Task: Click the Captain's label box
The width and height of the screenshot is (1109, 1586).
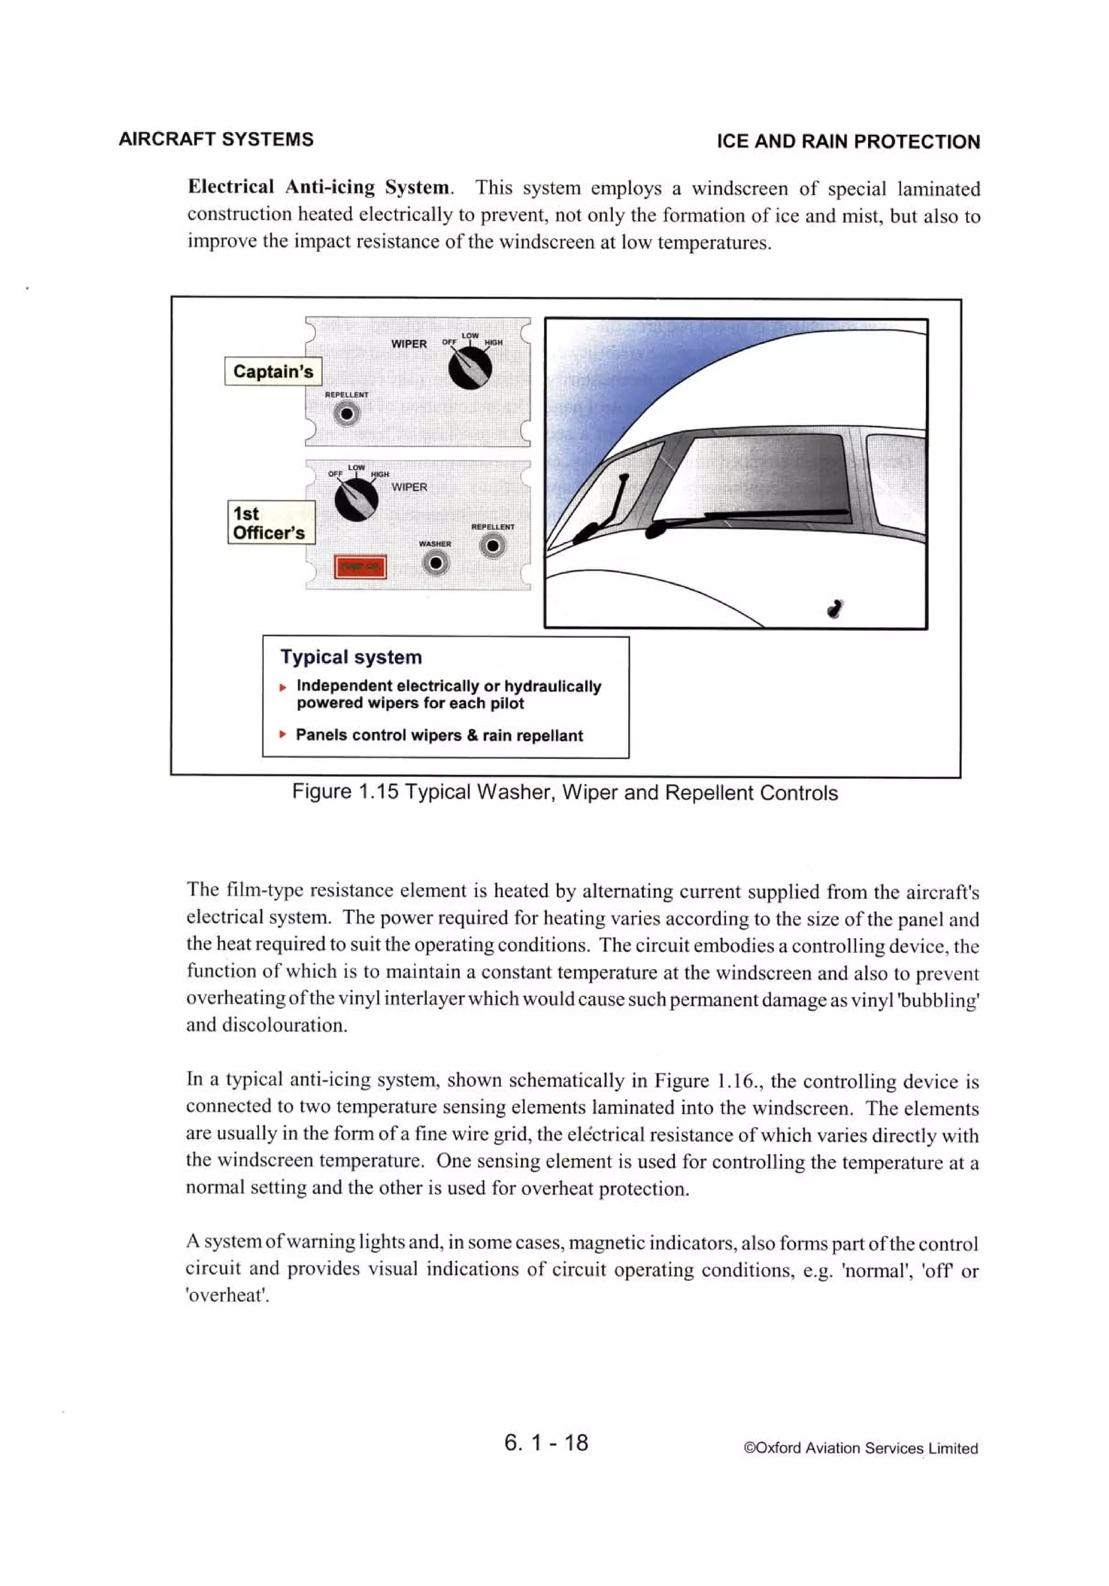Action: point(273,371)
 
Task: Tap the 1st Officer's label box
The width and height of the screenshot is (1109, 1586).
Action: point(270,523)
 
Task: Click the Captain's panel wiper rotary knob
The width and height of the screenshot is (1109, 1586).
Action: point(469,367)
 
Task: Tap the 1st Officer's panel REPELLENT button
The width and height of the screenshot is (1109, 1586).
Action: point(492,546)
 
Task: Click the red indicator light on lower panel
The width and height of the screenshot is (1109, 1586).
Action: point(360,566)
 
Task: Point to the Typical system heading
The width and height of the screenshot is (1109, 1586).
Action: point(351,657)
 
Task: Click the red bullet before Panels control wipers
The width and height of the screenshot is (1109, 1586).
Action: point(282,734)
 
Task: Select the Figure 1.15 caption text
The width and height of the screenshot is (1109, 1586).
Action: point(564,792)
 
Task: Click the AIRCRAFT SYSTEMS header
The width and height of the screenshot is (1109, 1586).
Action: point(216,140)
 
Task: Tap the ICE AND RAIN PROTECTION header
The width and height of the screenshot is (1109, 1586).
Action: point(848,141)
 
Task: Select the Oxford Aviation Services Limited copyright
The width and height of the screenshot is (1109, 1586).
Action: point(860,1448)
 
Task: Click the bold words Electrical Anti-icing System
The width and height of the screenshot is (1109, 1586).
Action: point(319,187)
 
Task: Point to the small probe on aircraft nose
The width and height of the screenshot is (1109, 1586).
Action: point(836,608)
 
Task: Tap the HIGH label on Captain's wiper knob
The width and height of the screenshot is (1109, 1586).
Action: point(494,342)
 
